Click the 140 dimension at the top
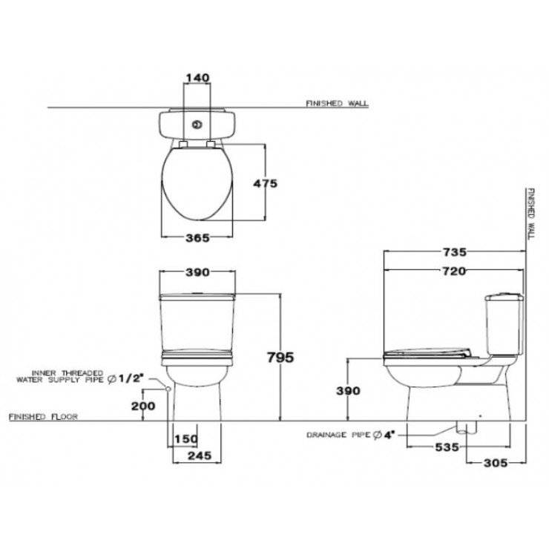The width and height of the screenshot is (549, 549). [x=197, y=76]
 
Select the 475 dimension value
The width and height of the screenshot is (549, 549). [x=263, y=184]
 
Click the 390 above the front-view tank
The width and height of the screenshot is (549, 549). [x=197, y=274]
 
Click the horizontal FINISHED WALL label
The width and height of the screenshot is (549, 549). [x=337, y=104]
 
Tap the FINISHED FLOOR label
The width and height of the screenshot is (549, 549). [x=42, y=417]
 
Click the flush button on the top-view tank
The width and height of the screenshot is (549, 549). [x=198, y=125]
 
